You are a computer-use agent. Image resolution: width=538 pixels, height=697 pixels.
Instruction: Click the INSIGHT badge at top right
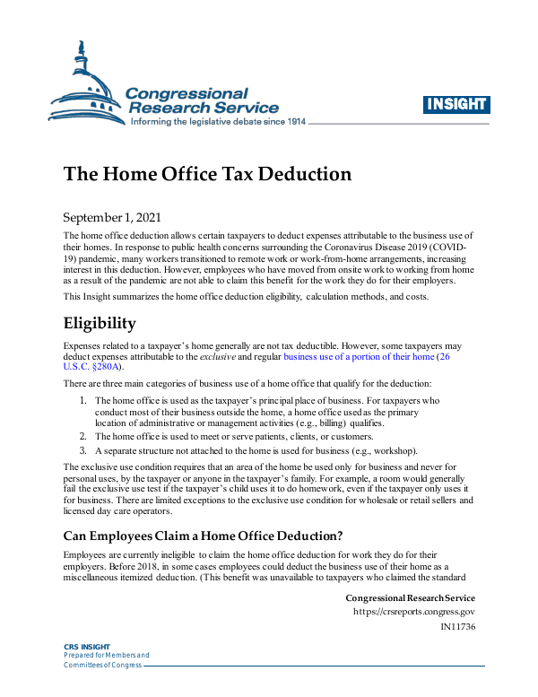(x=456, y=104)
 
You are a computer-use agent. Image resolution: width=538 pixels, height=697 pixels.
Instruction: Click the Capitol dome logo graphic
(x=85, y=85)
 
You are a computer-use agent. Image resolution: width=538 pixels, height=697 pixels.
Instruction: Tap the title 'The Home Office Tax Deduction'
(x=206, y=173)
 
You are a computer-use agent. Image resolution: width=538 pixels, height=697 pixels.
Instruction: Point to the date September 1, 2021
(x=119, y=218)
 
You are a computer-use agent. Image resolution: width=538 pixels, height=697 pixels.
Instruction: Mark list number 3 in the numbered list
(x=82, y=450)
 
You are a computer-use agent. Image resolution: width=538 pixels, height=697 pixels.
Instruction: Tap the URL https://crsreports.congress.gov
(x=413, y=612)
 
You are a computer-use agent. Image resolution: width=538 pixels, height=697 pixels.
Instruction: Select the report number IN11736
(x=457, y=626)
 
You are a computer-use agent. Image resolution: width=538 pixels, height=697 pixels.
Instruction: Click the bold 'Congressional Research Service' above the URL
(x=410, y=598)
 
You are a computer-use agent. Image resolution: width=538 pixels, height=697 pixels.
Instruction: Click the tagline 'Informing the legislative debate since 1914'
(x=218, y=121)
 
